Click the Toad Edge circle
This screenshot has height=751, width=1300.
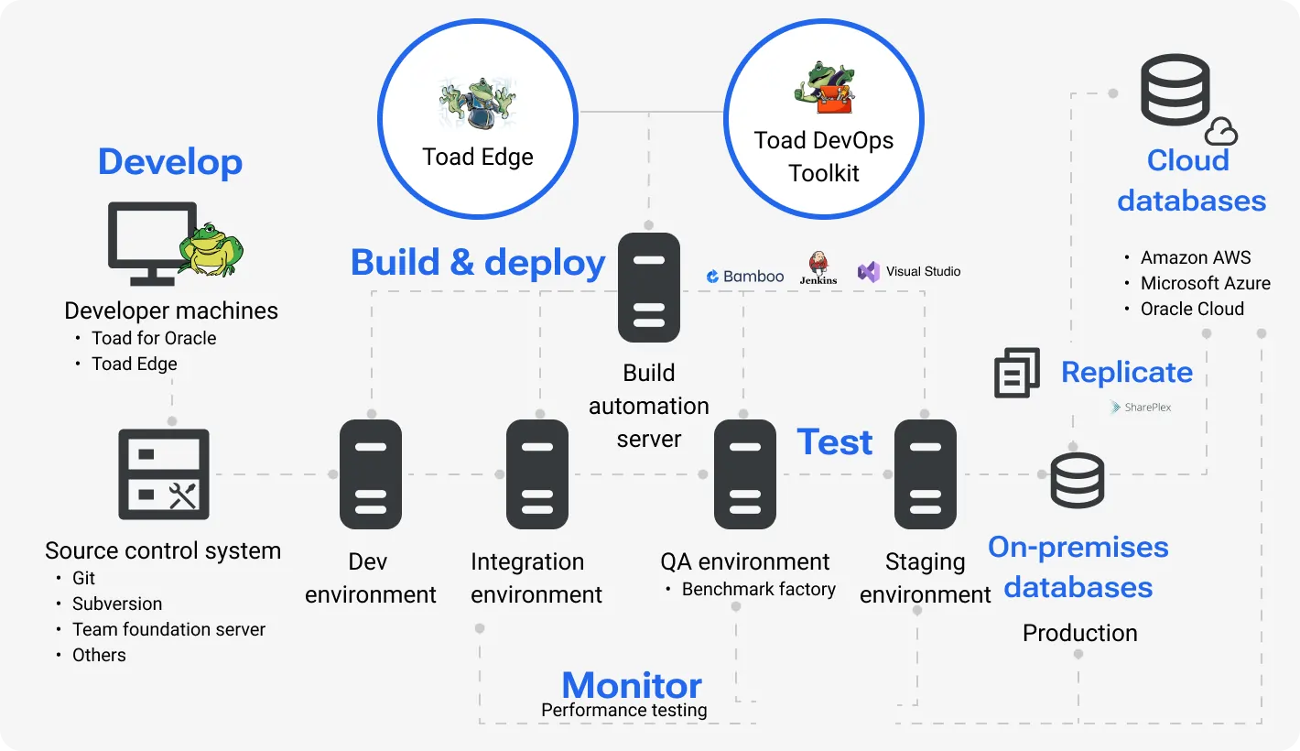[477, 120]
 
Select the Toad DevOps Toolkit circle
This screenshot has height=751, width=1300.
[824, 120]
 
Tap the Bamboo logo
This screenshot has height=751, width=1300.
[745, 276]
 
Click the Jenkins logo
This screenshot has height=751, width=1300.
[818, 268]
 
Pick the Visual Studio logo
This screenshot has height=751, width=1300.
[909, 271]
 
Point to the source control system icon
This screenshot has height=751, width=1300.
[164, 474]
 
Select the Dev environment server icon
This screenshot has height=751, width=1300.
[371, 474]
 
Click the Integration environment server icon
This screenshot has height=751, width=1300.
[537, 474]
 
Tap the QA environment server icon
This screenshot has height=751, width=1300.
[745, 474]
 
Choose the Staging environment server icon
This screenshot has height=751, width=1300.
[926, 474]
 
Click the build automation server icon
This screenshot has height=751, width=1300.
[649, 288]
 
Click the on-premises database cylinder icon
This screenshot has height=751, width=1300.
[1078, 481]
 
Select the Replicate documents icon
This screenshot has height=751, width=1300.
[1017, 373]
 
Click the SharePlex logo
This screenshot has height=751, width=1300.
[1141, 407]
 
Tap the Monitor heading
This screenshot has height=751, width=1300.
[632, 685]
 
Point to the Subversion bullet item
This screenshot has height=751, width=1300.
[117, 604]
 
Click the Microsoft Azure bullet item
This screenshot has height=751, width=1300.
[1205, 283]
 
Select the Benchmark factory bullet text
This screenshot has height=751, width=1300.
[758, 589]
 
